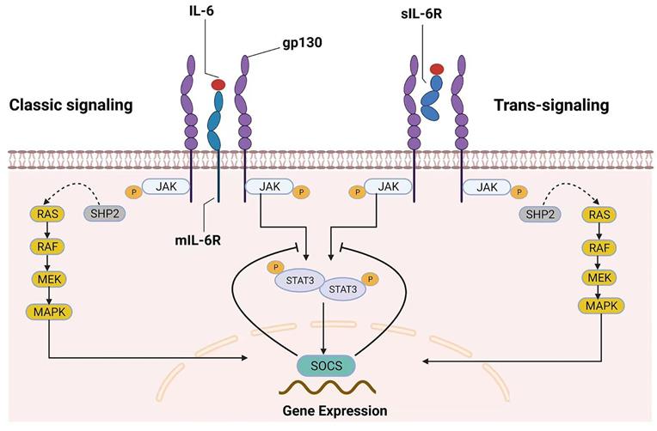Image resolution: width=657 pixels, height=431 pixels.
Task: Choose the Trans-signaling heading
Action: tap(551, 106)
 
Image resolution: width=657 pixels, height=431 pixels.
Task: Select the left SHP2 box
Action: tap(101, 211)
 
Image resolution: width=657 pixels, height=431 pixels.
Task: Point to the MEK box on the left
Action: tap(44, 279)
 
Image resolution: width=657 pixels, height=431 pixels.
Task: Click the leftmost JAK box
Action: tap(169, 185)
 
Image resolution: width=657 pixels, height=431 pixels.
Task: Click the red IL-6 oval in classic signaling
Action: tap(218, 84)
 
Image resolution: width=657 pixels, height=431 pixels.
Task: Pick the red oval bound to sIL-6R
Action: tap(437, 69)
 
